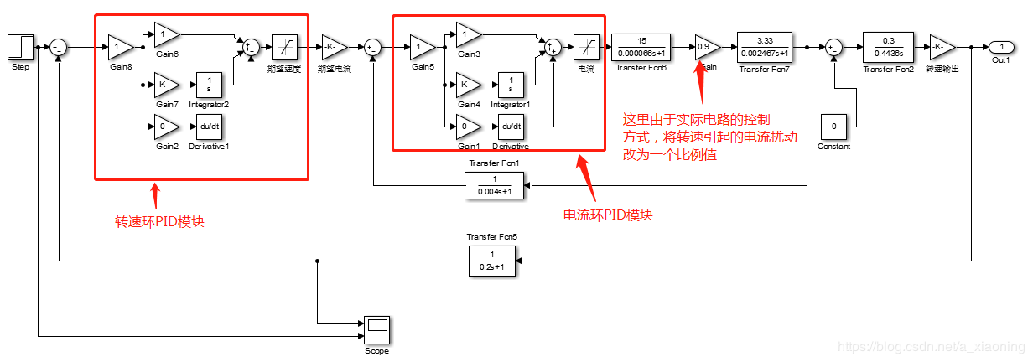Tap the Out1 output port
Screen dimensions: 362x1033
(1000, 47)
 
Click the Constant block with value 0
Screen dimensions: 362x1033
(833, 127)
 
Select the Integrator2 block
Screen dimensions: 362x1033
(209, 85)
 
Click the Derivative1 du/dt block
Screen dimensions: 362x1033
(209, 127)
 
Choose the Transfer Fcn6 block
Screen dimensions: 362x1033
(641, 47)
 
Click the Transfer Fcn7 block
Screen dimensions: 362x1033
(765, 47)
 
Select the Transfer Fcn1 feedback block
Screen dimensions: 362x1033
(494, 185)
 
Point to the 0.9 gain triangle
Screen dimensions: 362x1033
(707, 47)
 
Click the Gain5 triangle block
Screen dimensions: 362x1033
(422, 47)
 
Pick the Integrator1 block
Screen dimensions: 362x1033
(511, 85)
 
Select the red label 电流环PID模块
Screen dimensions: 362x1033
(607, 215)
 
